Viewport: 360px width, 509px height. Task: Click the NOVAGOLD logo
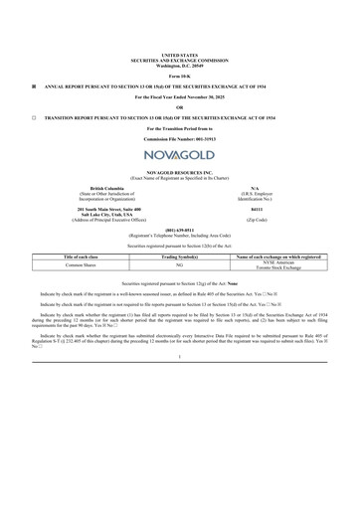179,156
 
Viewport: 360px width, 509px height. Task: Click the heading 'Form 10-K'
179,76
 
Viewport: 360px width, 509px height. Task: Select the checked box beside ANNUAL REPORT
34,86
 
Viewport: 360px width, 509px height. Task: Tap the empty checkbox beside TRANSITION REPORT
34,117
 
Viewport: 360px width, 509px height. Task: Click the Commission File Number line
179,137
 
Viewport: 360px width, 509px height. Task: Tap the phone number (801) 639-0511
179,228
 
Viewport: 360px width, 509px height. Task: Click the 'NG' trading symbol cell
179,266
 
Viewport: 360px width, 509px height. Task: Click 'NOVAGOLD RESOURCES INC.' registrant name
179,172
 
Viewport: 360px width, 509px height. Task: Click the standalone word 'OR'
179,106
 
